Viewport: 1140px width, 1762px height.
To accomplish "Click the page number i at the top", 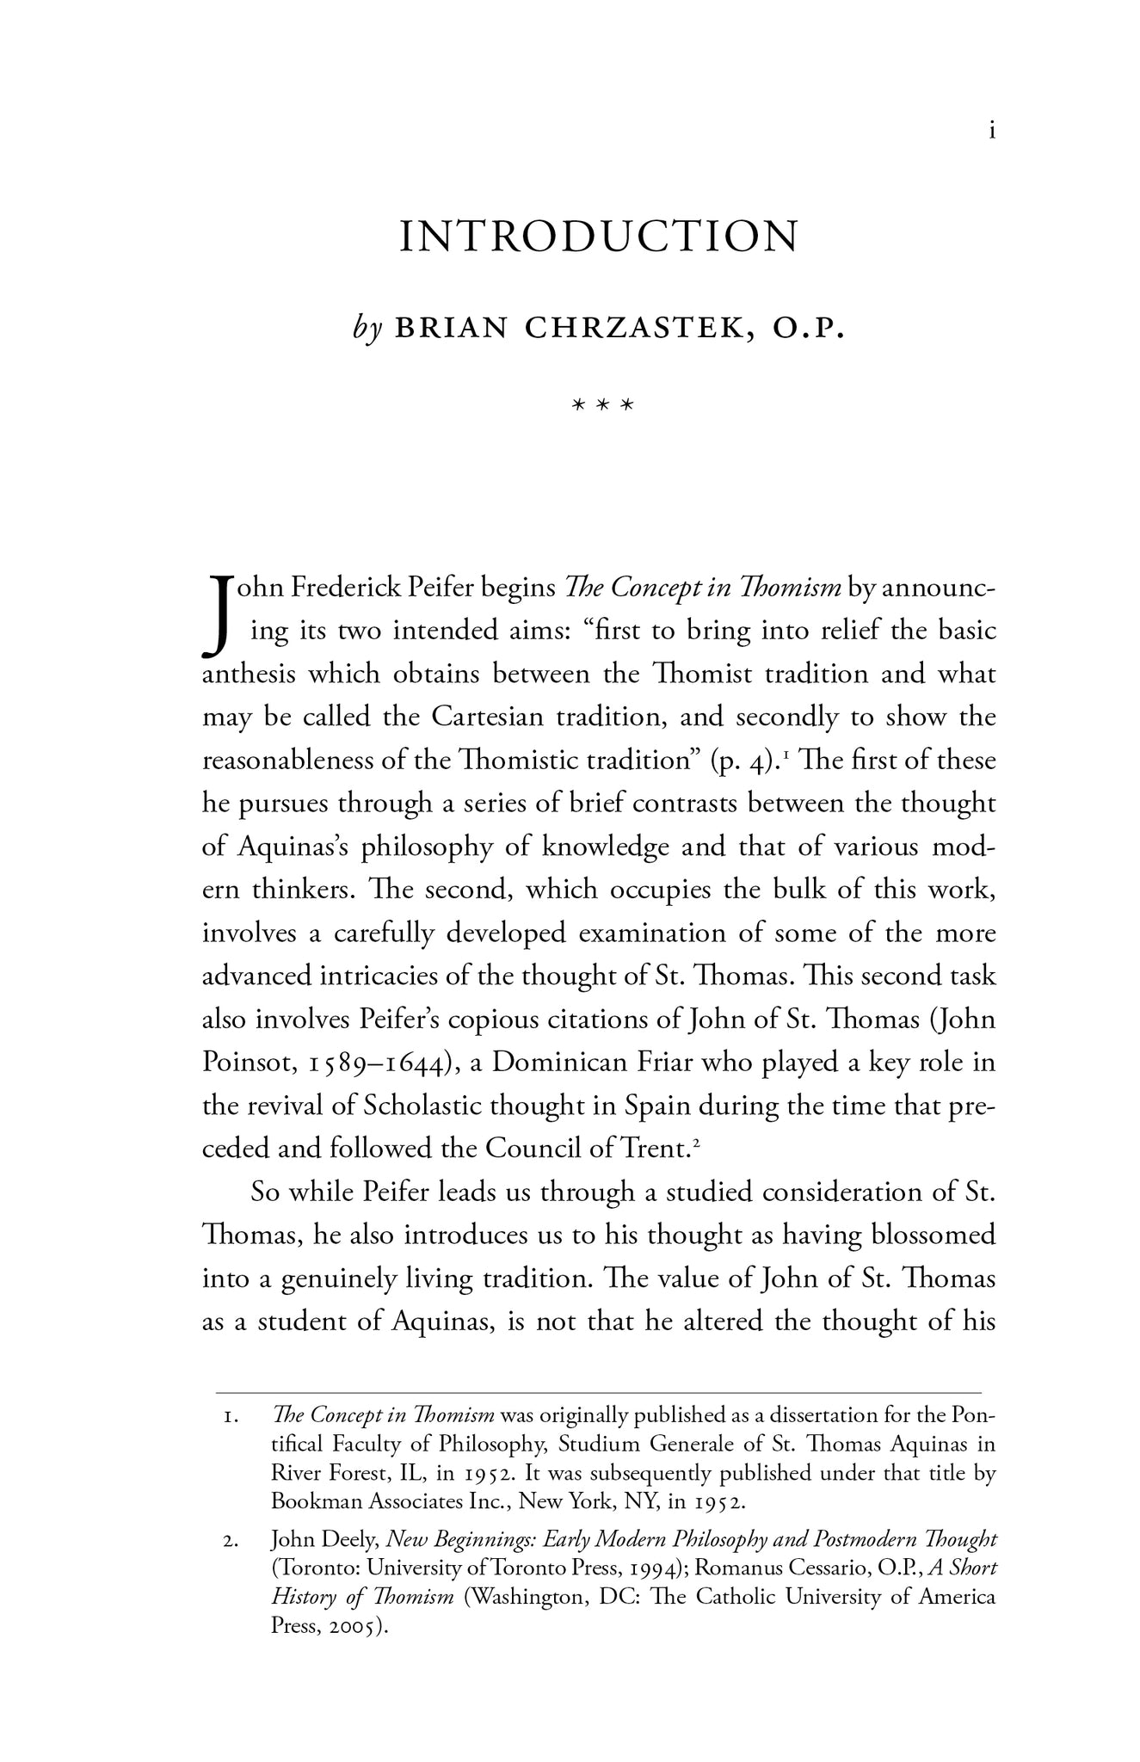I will [x=993, y=132].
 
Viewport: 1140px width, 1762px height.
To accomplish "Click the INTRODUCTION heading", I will [x=599, y=237].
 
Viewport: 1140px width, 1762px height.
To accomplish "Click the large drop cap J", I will [x=219, y=613].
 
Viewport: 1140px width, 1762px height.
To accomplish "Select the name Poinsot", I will [x=245, y=1063].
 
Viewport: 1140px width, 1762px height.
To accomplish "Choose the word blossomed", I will [x=934, y=1235].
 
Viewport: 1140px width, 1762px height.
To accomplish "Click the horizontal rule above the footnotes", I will [x=598, y=1392].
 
